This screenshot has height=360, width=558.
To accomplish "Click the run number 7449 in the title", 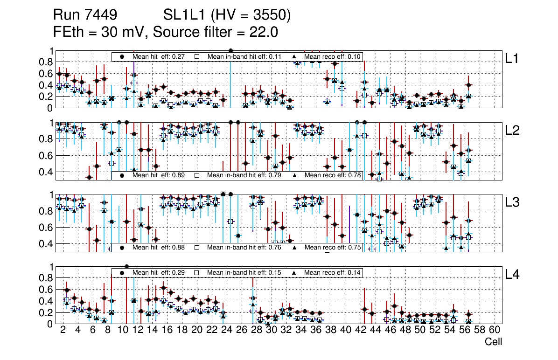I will [101, 16].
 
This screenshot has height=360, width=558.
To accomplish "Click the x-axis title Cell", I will [493, 342].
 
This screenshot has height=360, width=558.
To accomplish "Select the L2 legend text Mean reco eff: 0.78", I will [333, 175].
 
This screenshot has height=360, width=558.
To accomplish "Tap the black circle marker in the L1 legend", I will [122, 56].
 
